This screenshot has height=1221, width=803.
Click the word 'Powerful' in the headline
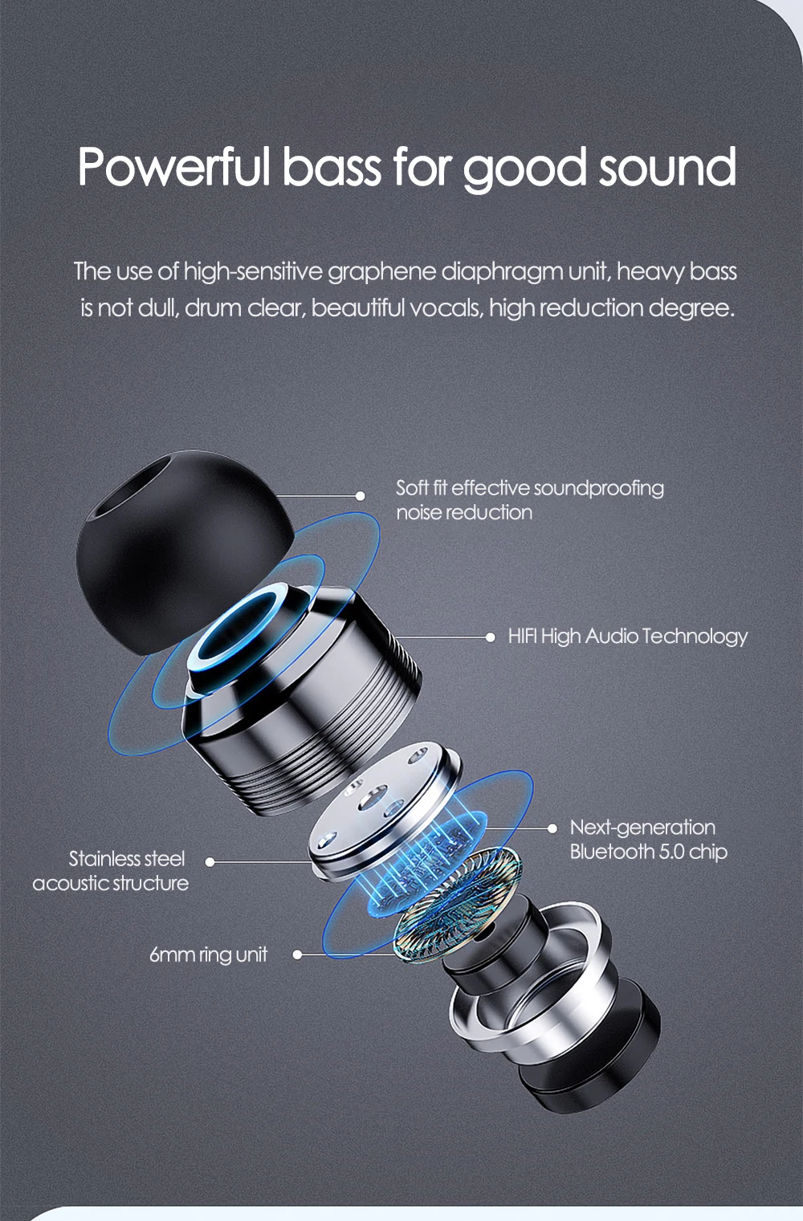pos(174,165)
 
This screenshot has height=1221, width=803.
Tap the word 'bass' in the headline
pos(331,165)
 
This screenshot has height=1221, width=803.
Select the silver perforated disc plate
pos(381,812)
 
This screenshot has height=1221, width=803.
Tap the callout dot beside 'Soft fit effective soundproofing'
pos(360,495)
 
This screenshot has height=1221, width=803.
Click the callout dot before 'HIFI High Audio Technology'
pos(490,637)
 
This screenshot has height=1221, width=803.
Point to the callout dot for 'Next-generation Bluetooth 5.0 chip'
pos(552,828)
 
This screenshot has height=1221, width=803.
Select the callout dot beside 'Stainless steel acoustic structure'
pos(210,862)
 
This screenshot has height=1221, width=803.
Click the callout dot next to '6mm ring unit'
pos(297,954)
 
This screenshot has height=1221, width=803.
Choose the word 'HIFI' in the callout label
pos(522,636)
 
